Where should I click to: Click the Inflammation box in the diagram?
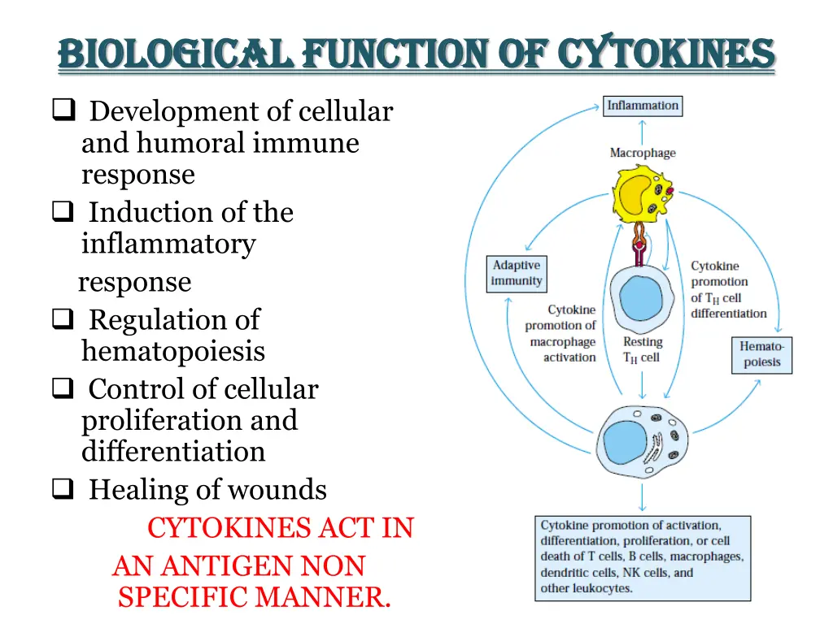coord(642,106)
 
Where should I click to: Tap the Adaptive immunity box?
coord(516,274)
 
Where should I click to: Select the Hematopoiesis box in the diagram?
coord(761,354)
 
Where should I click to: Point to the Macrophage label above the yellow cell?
coord(642,153)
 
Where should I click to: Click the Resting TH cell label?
coord(642,349)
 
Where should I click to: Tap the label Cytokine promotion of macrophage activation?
coord(561,333)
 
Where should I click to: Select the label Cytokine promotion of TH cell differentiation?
coord(728,289)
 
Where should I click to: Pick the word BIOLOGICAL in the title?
coord(175,54)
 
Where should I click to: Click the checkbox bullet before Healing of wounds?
coord(62,490)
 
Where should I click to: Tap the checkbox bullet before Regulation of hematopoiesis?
coord(62,320)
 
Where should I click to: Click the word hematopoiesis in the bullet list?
coord(173,351)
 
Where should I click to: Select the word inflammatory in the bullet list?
coord(168,244)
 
